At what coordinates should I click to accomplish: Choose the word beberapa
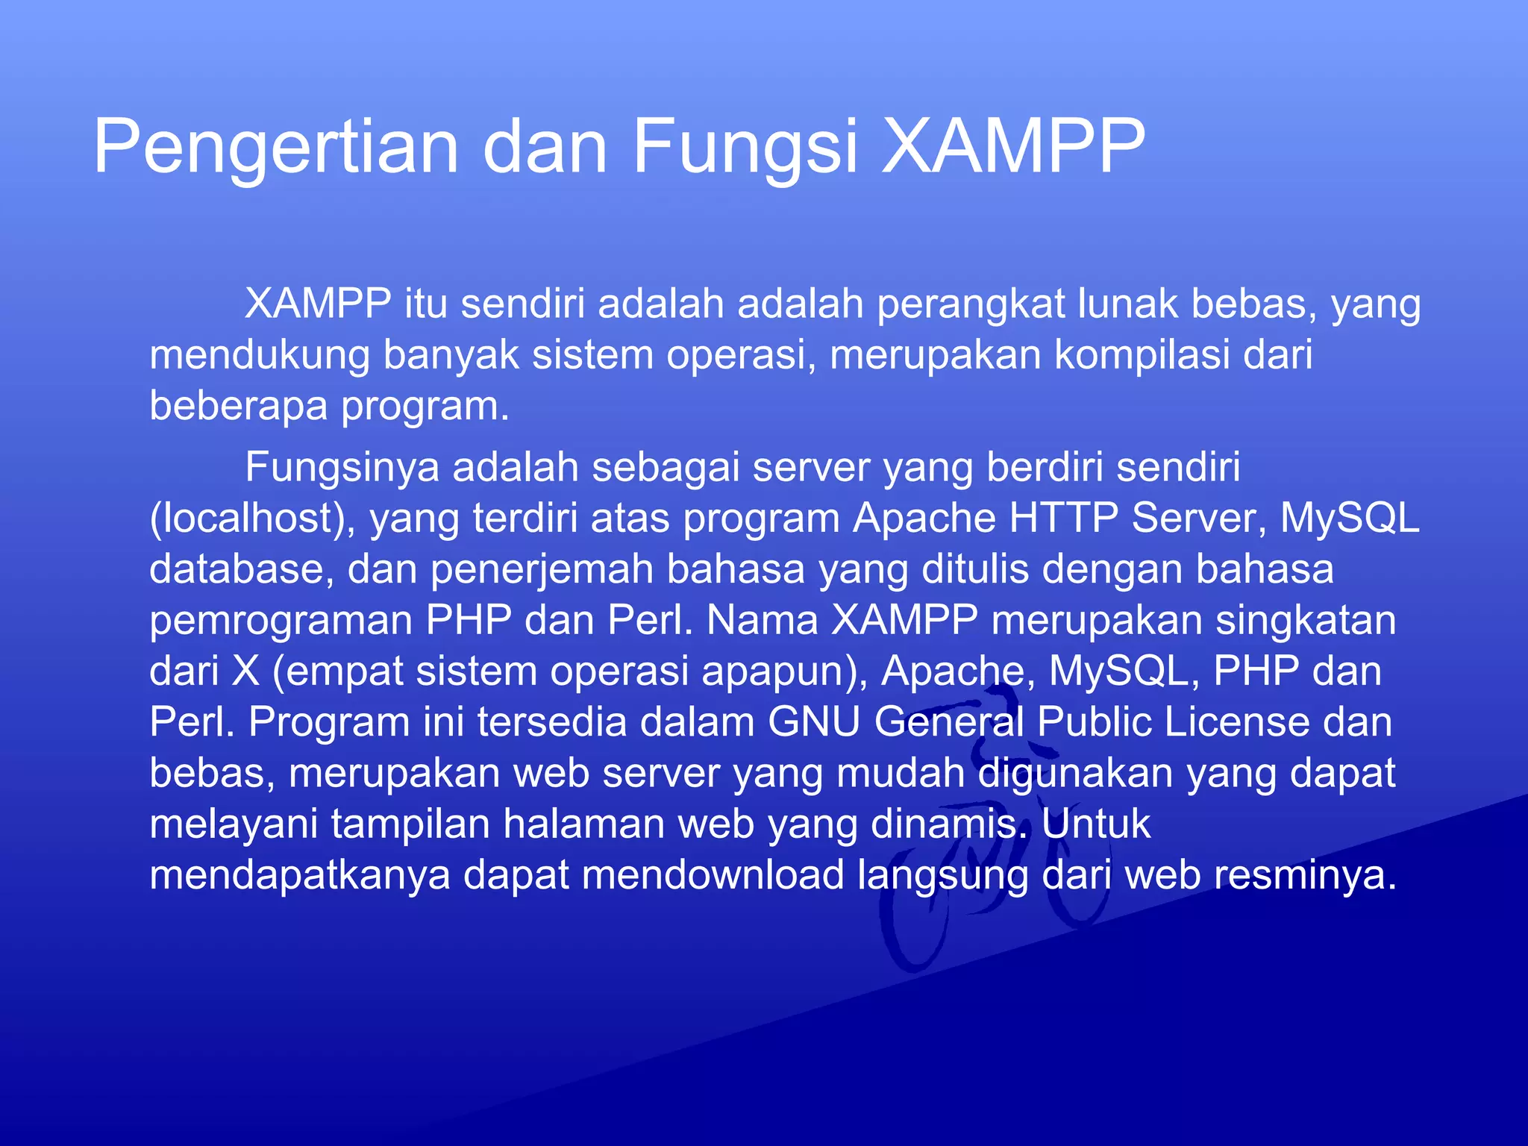tap(239, 406)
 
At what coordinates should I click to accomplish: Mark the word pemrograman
tap(281, 620)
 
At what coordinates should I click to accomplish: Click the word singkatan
tap(1306, 620)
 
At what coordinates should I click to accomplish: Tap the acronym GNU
tap(814, 722)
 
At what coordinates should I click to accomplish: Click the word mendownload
tap(713, 874)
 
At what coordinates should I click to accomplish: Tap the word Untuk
tap(1096, 824)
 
